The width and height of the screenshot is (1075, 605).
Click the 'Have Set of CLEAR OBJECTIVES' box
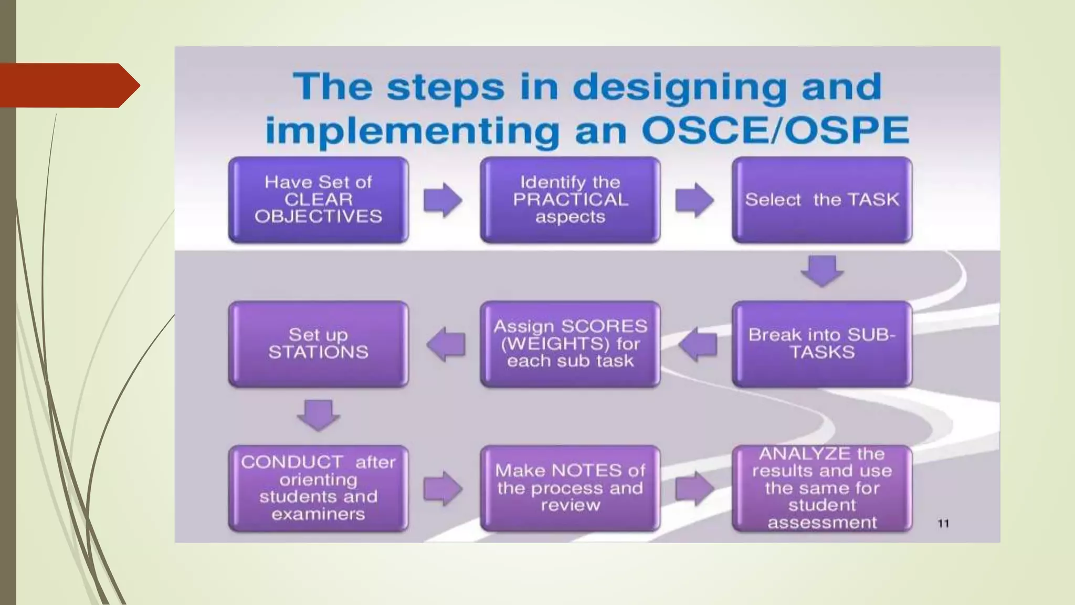coord(318,200)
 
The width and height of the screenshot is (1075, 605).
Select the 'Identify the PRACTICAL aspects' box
coord(570,200)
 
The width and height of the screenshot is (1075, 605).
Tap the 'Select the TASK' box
coord(822,200)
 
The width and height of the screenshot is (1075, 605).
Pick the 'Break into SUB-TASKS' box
coord(822,344)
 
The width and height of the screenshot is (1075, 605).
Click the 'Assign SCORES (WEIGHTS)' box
coord(570,344)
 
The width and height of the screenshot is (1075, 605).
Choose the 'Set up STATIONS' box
coord(318,344)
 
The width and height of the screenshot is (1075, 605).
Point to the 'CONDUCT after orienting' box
coord(318,488)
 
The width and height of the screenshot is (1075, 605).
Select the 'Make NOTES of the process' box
coord(570,488)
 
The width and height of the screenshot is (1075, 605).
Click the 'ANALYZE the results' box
coord(822,488)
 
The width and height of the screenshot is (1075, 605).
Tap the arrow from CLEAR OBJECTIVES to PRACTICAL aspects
coord(443,200)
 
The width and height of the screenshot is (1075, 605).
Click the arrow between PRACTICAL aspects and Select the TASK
coord(694,200)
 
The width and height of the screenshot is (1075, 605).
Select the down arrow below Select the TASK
coord(822,271)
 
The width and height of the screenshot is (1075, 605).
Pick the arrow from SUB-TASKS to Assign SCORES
coord(698,345)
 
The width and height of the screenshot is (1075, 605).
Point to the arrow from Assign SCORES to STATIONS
coord(446,345)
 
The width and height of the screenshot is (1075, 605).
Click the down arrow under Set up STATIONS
coord(318,415)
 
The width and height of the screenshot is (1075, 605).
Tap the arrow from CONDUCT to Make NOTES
coord(443,488)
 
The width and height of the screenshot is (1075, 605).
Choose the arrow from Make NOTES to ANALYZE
coord(694,488)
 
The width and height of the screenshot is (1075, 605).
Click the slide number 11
coord(943,524)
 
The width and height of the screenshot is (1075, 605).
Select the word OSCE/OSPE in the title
coord(775,130)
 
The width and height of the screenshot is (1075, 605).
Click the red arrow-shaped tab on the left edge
coord(68,86)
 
